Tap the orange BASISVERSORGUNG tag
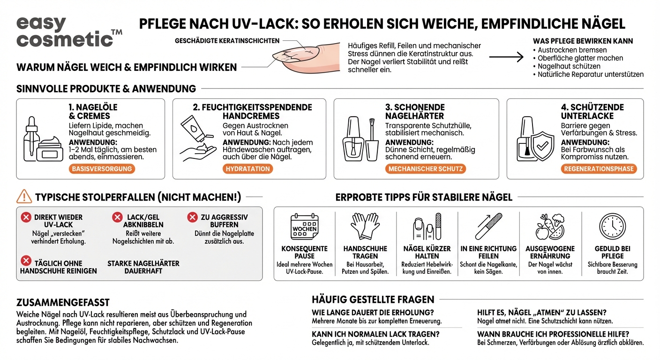click(x=102, y=169)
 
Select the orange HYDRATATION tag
click(x=247, y=169)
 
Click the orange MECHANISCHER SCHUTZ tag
click(x=426, y=169)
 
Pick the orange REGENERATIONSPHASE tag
click(x=599, y=169)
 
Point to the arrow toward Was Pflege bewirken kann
click(x=506, y=58)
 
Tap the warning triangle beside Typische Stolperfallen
click(x=24, y=197)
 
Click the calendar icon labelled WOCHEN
click(x=304, y=227)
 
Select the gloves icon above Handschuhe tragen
click(x=365, y=226)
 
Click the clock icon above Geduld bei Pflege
click(x=612, y=226)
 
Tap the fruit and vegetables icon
click(x=550, y=227)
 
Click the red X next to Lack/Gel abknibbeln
click(x=117, y=217)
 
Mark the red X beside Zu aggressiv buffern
click(x=192, y=217)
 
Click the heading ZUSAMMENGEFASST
click(x=63, y=302)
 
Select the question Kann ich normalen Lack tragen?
click(x=375, y=334)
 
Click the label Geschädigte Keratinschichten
click(x=227, y=41)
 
